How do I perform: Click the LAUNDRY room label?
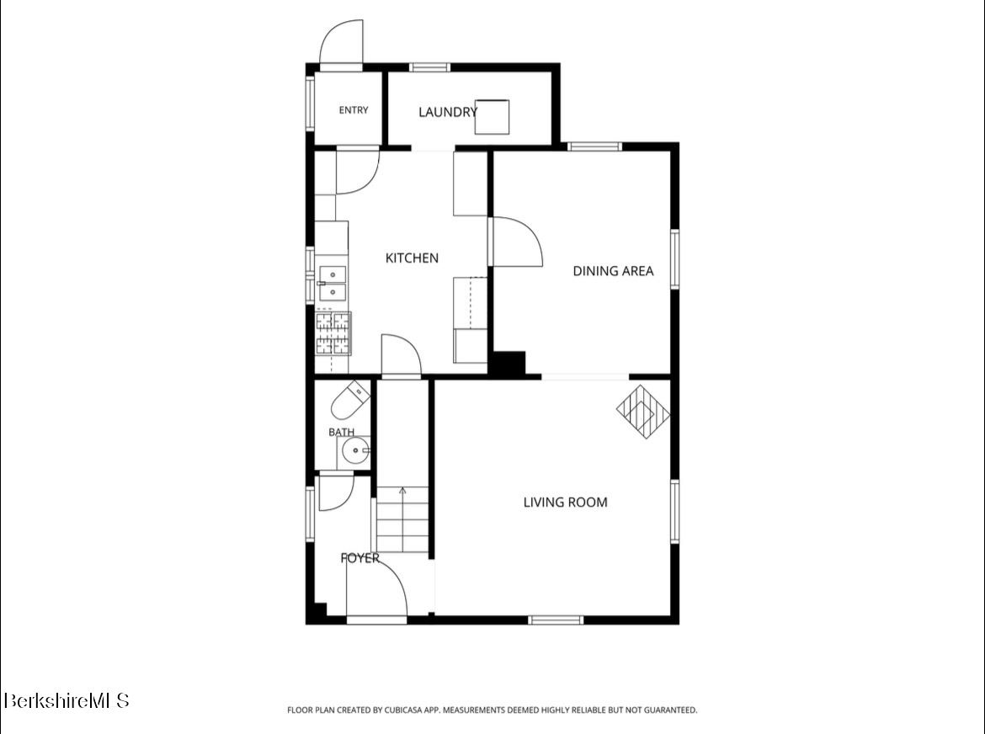tap(448, 113)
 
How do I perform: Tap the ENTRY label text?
tap(354, 110)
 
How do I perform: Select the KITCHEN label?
tap(412, 258)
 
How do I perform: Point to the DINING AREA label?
tap(613, 271)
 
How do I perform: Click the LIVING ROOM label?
tap(566, 503)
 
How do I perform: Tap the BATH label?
tap(341, 432)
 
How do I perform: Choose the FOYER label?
tap(360, 558)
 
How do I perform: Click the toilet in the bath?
tap(350, 401)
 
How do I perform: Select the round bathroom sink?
tap(355, 451)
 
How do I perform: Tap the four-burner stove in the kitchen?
tap(333, 333)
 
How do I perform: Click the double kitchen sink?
tap(333, 284)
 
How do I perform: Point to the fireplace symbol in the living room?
tap(643, 412)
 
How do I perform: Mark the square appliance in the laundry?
tap(492, 117)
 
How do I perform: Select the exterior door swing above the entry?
tap(342, 42)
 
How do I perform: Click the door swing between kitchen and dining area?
tap(516, 242)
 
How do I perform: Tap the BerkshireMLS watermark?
tap(67, 700)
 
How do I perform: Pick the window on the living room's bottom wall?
tap(556, 620)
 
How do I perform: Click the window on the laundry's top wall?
tap(429, 67)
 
